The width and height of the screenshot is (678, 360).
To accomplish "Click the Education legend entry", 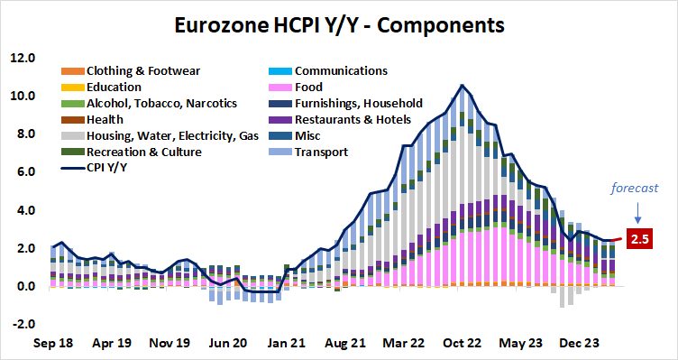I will pos(114,87).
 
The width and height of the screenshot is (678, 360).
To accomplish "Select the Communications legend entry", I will pos(341,70).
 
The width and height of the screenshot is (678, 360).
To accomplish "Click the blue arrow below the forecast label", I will pos(637,213).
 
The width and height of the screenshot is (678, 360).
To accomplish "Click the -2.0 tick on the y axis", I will pos(22,325).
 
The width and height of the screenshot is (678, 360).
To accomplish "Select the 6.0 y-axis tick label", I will pos(24,172).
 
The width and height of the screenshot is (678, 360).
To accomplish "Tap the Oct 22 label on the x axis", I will pos(462,344).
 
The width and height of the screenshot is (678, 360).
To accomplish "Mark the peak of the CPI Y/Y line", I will pos(462,86).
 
